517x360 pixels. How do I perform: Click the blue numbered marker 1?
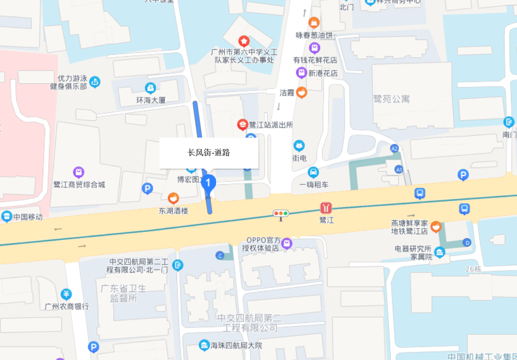click(x=209, y=183)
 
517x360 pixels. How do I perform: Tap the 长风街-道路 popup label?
click(x=209, y=153)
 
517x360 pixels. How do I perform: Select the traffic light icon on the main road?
click(x=281, y=214)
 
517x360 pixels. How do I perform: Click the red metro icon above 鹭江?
click(x=326, y=208)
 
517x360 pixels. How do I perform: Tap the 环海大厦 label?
click(x=150, y=100)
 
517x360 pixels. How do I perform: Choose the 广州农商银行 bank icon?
click(x=67, y=294)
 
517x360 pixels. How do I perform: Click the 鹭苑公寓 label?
click(x=392, y=99)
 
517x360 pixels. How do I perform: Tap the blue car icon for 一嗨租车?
click(x=313, y=172)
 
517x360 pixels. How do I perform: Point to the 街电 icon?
click(x=299, y=146)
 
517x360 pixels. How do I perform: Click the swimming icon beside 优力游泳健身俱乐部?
click(x=95, y=82)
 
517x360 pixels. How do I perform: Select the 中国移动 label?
click(x=28, y=217)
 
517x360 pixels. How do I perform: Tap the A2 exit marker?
click(x=394, y=148)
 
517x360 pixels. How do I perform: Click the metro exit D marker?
click(x=467, y=242)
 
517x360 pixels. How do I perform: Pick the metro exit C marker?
click(x=220, y=256)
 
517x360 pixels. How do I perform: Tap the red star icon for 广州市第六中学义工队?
click(x=244, y=40)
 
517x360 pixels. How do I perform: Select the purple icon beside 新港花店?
click(x=301, y=73)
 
